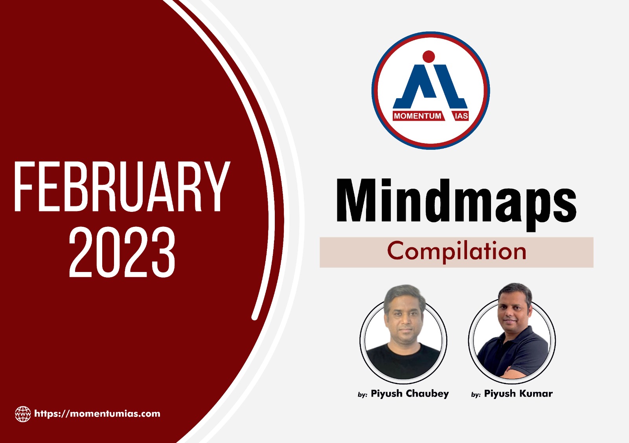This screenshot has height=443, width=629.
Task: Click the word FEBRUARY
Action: [x=122, y=186]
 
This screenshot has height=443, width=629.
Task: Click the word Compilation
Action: [x=456, y=252]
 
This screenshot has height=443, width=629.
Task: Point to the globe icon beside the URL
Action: [x=23, y=414]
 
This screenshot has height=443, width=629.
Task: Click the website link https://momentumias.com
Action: [x=97, y=414]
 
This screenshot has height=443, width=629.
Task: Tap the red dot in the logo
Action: [x=429, y=57]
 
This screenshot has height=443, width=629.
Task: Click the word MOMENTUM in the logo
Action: [x=417, y=116]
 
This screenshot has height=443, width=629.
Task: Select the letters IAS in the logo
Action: [x=461, y=116]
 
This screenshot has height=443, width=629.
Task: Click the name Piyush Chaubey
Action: [x=410, y=393]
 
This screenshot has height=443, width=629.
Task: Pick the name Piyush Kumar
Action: [x=518, y=393]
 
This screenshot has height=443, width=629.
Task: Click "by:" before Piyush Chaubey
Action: [x=362, y=395]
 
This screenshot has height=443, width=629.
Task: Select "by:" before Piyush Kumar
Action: [x=476, y=395]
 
